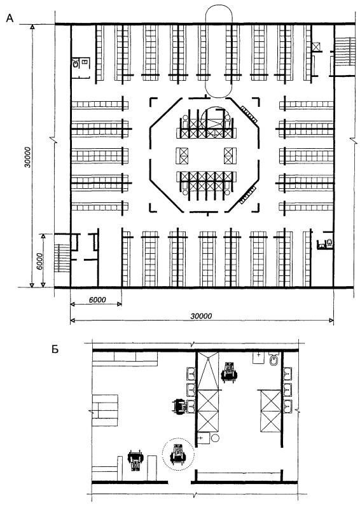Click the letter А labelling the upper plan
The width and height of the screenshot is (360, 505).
pyautogui.click(x=10, y=18)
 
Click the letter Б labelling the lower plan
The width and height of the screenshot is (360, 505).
pyautogui.click(x=55, y=349)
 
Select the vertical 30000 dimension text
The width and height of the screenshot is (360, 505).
pyautogui.click(x=27, y=157)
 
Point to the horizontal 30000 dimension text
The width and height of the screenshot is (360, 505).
pyautogui.click(x=201, y=315)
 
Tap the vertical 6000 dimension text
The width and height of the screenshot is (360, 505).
pyautogui.click(x=39, y=261)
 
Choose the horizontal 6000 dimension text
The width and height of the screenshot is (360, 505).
pyautogui.click(x=97, y=300)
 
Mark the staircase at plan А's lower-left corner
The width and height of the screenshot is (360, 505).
pyautogui.click(x=62, y=258)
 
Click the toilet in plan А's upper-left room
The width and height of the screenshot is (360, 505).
pyautogui.click(x=76, y=63)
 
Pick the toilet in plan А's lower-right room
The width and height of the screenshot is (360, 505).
pyautogui.click(x=329, y=243)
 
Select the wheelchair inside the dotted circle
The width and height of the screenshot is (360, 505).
pyautogui.click(x=178, y=453)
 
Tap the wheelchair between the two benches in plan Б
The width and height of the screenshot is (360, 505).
pyautogui.click(x=135, y=460)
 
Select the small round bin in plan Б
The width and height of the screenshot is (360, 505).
pyautogui.click(x=215, y=438)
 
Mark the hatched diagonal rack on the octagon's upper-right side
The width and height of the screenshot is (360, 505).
pyautogui.click(x=249, y=114)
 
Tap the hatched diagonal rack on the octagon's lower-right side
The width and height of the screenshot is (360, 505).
pyautogui.click(x=247, y=196)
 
